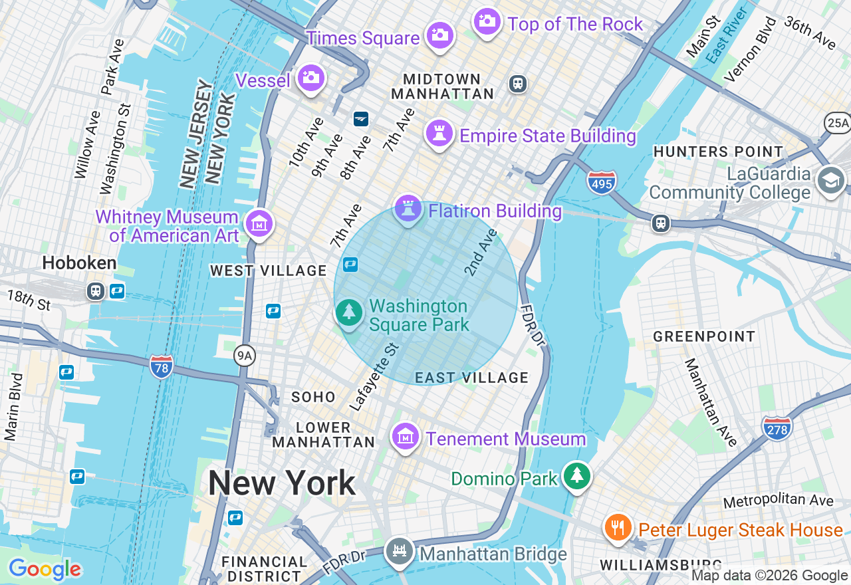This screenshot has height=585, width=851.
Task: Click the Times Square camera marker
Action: [439, 34]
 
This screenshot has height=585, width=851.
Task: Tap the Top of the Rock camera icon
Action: [487, 21]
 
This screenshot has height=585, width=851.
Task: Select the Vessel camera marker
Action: [310, 78]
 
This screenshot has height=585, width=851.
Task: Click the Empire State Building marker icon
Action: [439, 133]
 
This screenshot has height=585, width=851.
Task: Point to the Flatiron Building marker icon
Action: [408, 209]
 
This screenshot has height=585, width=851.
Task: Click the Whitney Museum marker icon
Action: [259, 223]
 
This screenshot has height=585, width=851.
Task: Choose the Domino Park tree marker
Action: [576, 476]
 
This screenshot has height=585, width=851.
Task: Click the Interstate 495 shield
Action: [602, 181]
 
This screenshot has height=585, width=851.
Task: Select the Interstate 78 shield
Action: [162, 366]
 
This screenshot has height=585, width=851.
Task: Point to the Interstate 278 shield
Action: [777, 427]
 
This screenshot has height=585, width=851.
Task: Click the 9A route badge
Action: [245, 357]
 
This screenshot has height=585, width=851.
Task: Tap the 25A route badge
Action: [838, 123]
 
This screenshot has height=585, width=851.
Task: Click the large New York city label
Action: [282, 483]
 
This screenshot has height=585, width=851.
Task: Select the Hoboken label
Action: [79, 263]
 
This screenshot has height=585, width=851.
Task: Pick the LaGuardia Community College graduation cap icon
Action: [831, 181]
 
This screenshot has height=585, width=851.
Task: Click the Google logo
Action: [45, 569]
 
